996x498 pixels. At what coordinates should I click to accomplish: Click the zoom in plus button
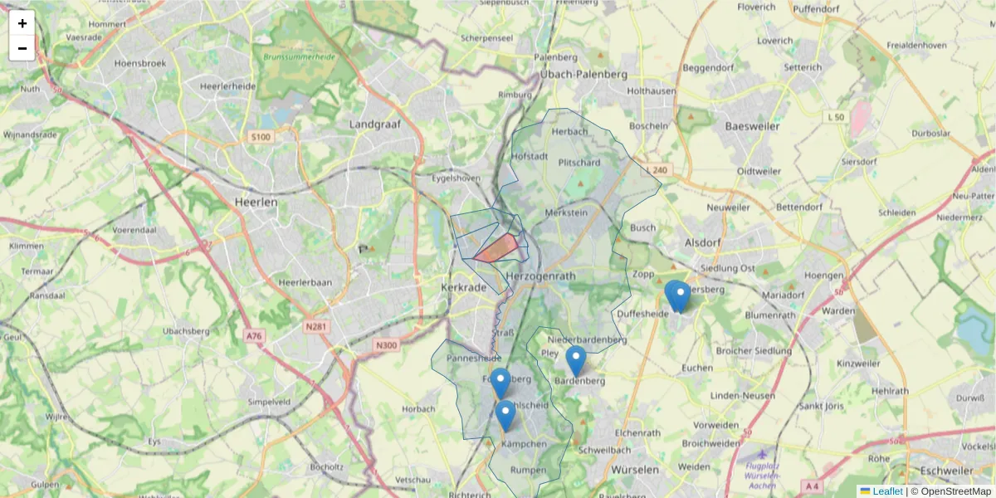click(22, 23)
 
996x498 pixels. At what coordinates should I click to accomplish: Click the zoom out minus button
click(22, 48)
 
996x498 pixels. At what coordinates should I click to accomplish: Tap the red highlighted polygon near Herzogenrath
click(499, 248)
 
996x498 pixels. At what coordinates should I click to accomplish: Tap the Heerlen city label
click(256, 202)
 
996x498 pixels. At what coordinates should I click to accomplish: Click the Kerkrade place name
click(463, 287)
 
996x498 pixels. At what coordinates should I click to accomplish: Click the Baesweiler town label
click(753, 127)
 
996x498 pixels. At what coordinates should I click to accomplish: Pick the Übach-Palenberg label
click(583, 75)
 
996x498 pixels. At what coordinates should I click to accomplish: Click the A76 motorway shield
click(254, 336)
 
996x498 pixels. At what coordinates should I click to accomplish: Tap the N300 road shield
click(386, 345)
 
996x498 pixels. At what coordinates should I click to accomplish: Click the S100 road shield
click(260, 137)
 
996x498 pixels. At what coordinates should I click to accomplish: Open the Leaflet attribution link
click(887, 491)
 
